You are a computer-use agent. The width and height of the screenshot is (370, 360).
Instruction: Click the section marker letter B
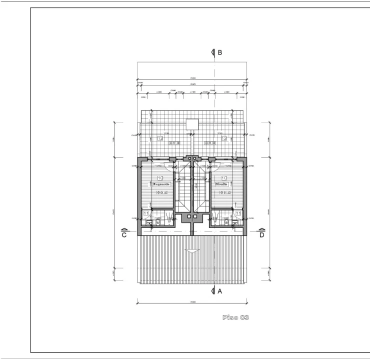[x=219, y=52]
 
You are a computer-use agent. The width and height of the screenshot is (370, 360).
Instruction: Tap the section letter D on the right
[x=261, y=235]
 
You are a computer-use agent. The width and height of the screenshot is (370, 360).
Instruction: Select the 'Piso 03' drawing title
[x=236, y=317]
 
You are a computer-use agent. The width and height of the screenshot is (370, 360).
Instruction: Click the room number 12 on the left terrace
[x=160, y=138]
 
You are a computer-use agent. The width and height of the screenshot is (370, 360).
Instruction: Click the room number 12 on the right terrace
[x=224, y=138]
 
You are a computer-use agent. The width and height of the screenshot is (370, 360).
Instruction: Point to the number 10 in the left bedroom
[x=160, y=177]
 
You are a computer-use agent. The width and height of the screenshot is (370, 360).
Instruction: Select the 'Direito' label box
[x=223, y=184]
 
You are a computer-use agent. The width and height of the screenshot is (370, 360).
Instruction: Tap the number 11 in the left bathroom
[x=146, y=213]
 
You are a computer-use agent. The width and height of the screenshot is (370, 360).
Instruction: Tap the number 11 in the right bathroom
[x=238, y=213]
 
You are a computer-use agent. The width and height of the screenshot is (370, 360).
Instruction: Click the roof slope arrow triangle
[x=191, y=251]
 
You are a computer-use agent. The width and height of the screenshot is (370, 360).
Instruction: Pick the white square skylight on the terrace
[x=192, y=124]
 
